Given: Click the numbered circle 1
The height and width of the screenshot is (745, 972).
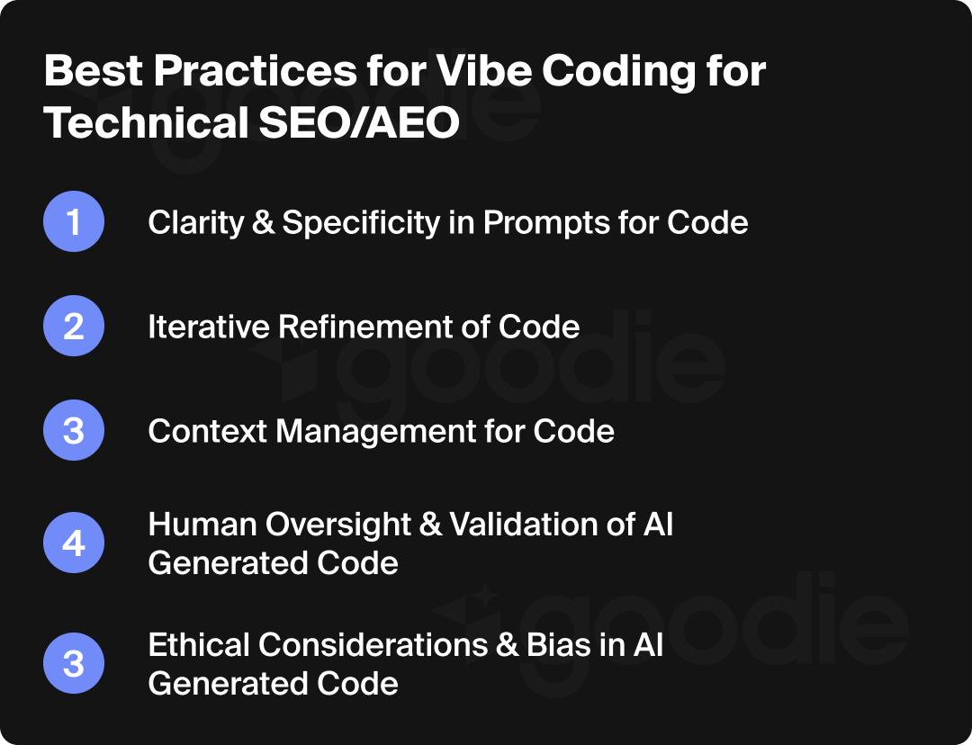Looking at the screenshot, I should [74, 222].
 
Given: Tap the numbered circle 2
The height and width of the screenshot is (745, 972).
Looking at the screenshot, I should [74, 327].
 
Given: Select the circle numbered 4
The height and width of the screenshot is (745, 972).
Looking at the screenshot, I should [74, 544].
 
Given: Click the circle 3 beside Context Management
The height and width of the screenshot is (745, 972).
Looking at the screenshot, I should [74, 431].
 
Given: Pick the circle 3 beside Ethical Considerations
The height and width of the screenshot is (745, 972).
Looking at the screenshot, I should [74, 665].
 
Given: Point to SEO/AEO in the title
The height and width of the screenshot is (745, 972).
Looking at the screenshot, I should [359, 124].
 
